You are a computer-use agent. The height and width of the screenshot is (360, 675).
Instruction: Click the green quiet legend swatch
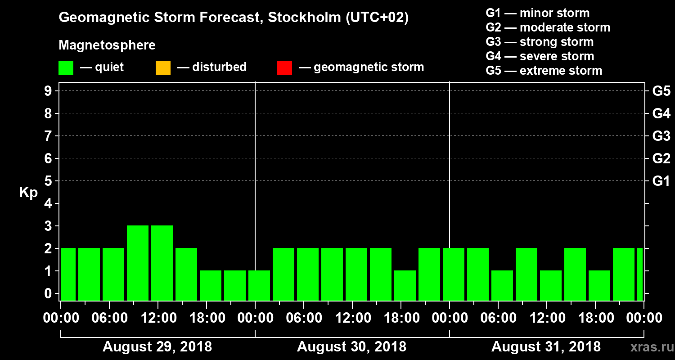[66, 67]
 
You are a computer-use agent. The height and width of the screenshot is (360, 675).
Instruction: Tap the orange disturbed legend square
[163, 67]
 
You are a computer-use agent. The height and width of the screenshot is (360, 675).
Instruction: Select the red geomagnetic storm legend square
[284, 67]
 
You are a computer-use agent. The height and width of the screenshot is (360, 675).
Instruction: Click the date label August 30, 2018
[351, 347]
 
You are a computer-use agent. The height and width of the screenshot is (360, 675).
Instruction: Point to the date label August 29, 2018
[157, 347]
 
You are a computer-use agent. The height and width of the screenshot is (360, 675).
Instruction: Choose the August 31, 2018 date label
[546, 347]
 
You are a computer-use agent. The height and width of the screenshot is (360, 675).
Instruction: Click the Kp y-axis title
[28, 193]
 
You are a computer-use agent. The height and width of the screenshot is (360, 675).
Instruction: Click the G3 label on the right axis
[661, 136]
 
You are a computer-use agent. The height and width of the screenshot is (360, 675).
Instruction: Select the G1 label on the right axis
[661, 181]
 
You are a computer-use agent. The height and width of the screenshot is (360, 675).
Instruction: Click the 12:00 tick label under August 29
[158, 318]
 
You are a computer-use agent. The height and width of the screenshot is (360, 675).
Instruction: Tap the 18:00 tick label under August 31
[596, 318]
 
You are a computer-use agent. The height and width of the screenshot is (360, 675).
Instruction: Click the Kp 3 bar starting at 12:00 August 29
[162, 263]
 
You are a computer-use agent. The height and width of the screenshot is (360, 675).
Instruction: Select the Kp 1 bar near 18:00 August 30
[405, 285]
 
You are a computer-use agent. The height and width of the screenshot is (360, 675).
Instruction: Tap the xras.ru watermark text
[648, 347]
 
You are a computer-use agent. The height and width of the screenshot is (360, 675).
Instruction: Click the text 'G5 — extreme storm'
[544, 71]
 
